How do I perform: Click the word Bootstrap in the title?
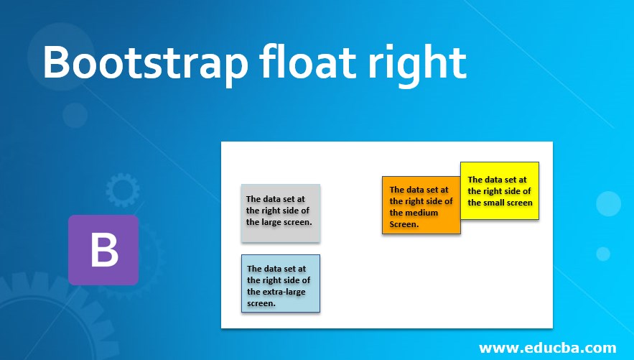(145, 63)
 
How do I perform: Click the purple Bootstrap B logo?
(103, 250)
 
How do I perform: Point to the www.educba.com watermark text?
(547, 348)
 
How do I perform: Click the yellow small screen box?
(500, 191)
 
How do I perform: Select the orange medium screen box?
(421, 205)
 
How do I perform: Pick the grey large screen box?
(281, 213)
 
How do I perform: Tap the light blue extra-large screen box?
(281, 283)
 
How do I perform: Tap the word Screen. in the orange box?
(404, 224)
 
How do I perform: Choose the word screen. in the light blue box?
(261, 303)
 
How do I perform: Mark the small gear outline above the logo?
(123, 190)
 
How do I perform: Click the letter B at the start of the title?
(56, 63)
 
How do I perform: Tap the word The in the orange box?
(396, 189)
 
